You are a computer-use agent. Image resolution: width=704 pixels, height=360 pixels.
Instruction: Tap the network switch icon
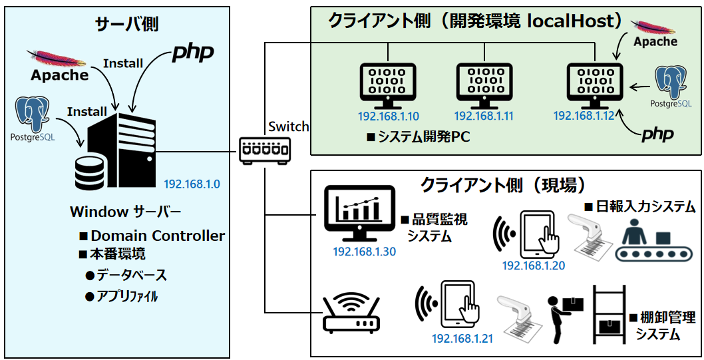pos(265,149)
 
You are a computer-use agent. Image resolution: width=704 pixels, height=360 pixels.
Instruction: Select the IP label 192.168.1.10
pos(389,116)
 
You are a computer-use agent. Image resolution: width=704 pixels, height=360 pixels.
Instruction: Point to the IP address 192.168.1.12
pos(584,116)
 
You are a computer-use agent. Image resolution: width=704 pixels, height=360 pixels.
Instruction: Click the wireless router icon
pos(351,315)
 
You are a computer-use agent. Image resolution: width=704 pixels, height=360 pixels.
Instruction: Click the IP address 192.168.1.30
pos(365,252)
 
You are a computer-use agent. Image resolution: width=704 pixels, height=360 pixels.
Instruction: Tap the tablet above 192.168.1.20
pos(538,234)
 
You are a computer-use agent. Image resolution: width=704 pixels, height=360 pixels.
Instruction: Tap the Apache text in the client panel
pos(655,42)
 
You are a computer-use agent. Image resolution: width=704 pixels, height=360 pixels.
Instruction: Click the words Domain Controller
pos(158,236)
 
